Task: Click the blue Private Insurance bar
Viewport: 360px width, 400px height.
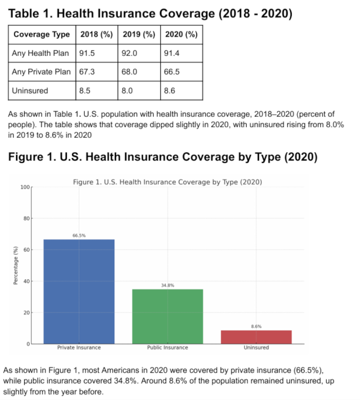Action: point(79,291)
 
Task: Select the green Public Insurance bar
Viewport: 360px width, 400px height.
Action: point(167,316)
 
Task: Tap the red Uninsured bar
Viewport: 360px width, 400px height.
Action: point(256,336)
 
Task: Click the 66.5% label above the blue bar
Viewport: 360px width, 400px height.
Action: point(79,235)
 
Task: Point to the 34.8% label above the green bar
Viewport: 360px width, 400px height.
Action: point(167,285)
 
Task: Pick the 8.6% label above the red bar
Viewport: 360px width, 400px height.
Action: point(256,326)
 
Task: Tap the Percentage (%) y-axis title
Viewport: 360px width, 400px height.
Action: point(16,265)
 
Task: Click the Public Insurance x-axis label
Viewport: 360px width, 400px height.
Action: point(167,347)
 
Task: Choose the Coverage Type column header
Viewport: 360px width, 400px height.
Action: point(42,35)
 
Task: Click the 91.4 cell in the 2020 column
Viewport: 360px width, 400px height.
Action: point(171,54)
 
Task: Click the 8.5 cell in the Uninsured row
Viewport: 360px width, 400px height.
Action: point(85,91)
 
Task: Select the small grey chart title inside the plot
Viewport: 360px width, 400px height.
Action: point(167,182)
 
